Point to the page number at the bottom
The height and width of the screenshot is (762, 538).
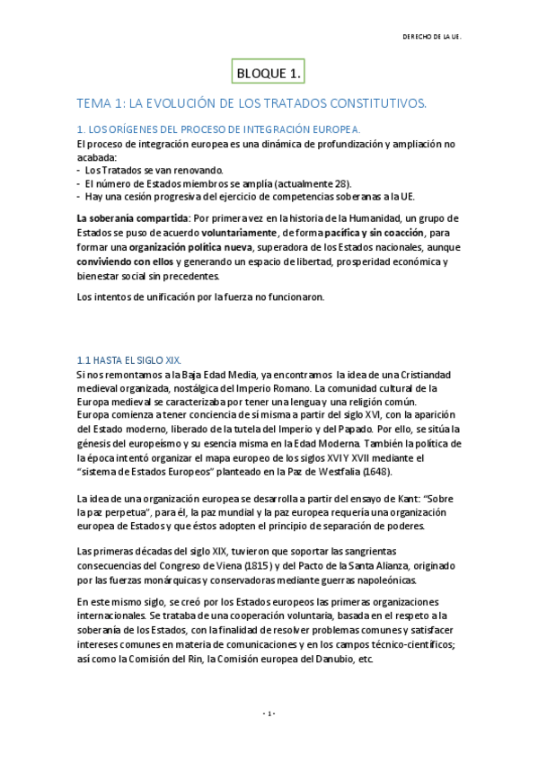[x=269, y=713]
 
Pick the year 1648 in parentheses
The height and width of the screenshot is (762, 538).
[x=376, y=472]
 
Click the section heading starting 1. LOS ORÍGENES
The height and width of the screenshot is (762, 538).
[x=218, y=129]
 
